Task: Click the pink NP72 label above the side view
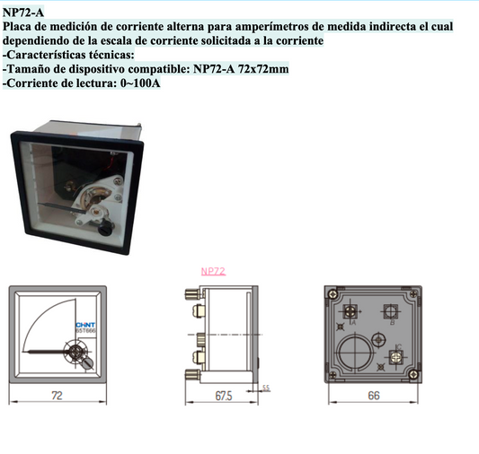[x=213, y=270]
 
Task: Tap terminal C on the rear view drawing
[x=393, y=356]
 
